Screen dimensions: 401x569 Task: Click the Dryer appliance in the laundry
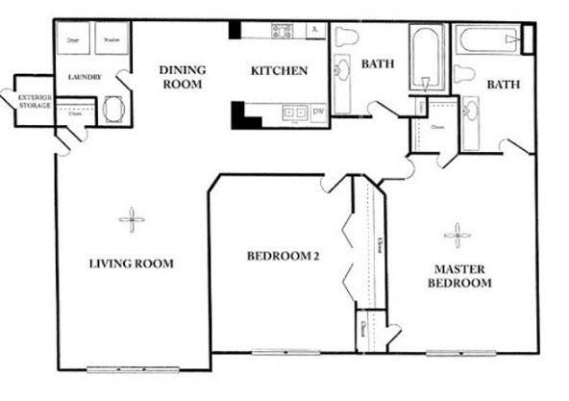click(x=74, y=41)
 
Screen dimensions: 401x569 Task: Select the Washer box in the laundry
click(x=110, y=41)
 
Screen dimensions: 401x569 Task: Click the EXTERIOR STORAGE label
click(x=35, y=101)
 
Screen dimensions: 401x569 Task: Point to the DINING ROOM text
click(x=181, y=77)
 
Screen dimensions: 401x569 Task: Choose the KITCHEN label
click(x=279, y=70)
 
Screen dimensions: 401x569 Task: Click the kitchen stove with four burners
click(x=282, y=31)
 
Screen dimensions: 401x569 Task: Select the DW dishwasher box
click(x=318, y=113)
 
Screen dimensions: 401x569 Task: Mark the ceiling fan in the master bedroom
click(x=458, y=233)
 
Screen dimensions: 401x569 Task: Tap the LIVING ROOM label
click(x=132, y=263)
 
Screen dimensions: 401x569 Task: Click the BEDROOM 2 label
click(x=283, y=256)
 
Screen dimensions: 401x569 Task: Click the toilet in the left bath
click(x=347, y=37)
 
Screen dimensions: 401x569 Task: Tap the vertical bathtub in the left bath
click(x=423, y=60)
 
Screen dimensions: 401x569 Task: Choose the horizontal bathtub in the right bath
click(x=488, y=39)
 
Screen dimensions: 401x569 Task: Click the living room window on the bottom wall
click(x=119, y=369)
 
